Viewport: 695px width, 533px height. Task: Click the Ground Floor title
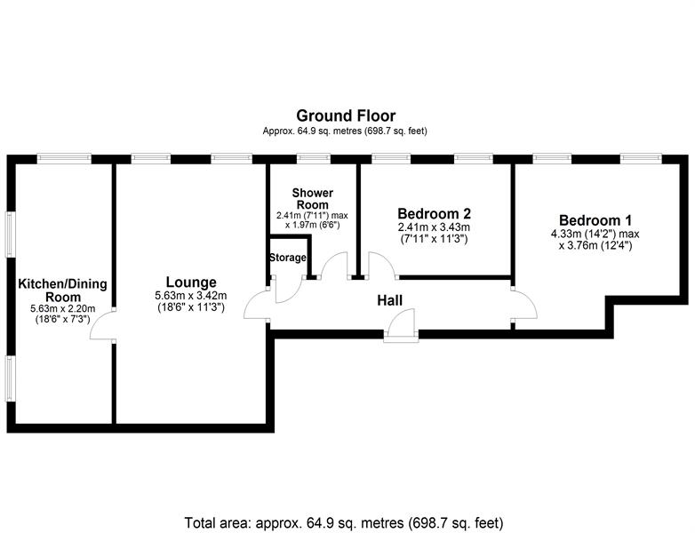point(345,115)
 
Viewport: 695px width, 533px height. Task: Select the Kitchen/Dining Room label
point(62,290)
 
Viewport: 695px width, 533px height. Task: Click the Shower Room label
point(312,199)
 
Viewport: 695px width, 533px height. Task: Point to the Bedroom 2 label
point(434,213)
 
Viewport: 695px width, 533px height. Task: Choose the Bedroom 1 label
point(595,220)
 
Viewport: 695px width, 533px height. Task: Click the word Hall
point(389,301)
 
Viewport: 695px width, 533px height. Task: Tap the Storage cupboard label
point(288,258)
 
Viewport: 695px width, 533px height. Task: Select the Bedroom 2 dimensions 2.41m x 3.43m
point(434,227)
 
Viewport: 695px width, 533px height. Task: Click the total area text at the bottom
point(349,521)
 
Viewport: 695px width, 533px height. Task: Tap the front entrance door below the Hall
point(400,330)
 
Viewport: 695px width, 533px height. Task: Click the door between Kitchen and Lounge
point(105,323)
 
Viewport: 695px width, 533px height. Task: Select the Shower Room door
point(335,267)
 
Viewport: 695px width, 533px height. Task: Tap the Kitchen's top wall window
point(64,159)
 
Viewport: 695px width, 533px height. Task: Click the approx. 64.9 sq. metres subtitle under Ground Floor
point(345,131)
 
